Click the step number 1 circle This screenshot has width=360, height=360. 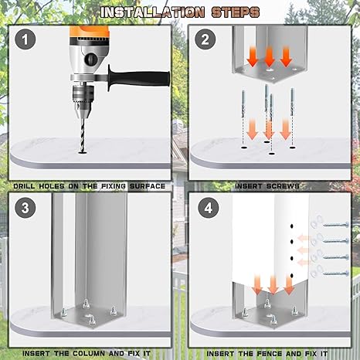click(25, 39)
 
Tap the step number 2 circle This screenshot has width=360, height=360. click(205, 39)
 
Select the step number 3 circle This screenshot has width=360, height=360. click(25, 208)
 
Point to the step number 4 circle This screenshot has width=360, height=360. click(209, 208)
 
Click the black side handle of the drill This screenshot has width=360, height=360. click(139, 78)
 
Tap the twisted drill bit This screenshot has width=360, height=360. click(83, 135)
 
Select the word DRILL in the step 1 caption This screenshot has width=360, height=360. click(24, 186)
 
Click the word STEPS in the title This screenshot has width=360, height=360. click(236, 12)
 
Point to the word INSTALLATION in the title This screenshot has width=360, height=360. click(152, 12)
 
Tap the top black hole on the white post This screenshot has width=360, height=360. click(292, 226)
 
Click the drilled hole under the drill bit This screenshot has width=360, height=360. click(83, 153)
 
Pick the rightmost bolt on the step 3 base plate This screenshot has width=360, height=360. click(114, 311)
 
